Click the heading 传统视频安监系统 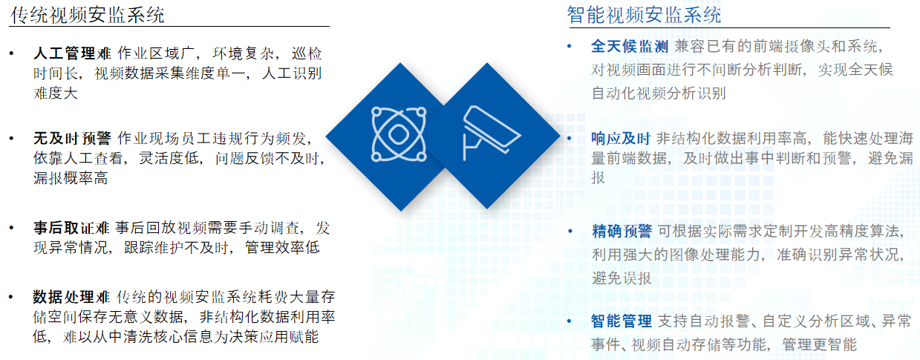tap(88, 15)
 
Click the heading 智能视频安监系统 tap(644, 15)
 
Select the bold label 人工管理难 tap(72, 53)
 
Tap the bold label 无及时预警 tap(72, 139)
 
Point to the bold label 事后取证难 tap(71, 228)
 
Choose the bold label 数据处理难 tap(71, 297)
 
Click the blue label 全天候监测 tap(630, 46)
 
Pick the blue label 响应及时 tap(621, 139)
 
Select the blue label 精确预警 tap(622, 232)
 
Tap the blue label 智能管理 tap(622, 321)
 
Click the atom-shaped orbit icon tap(399, 134)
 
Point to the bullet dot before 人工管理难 tap(11, 53)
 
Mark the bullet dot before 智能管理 tap(570, 321)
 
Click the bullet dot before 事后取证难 tap(11, 228)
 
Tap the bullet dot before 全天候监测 tap(570, 46)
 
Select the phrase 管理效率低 tap(283, 248)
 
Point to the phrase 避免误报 tap(622, 279)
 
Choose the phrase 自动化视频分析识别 tap(659, 94)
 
